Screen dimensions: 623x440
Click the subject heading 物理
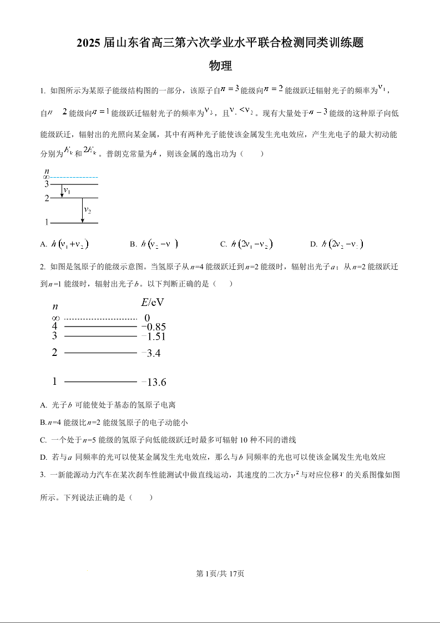[x=220, y=66]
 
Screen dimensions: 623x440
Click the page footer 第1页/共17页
[x=220, y=574]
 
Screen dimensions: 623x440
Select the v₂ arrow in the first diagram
[x=82, y=210]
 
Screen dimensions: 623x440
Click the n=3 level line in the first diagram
[x=74, y=184]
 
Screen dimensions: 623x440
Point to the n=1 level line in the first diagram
[x=74, y=223]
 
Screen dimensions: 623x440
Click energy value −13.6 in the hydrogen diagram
[x=154, y=382]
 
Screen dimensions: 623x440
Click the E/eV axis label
[x=153, y=303]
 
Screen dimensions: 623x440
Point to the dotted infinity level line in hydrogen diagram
[x=100, y=319]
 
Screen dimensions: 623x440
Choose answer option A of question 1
[x=65, y=244]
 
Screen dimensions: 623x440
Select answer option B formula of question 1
[x=160, y=244]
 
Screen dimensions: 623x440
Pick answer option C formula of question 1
[x=252, y=244]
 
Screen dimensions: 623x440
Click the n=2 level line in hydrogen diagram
[x=100, y=353]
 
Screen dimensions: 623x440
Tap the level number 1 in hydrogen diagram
[x=54, y=381]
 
